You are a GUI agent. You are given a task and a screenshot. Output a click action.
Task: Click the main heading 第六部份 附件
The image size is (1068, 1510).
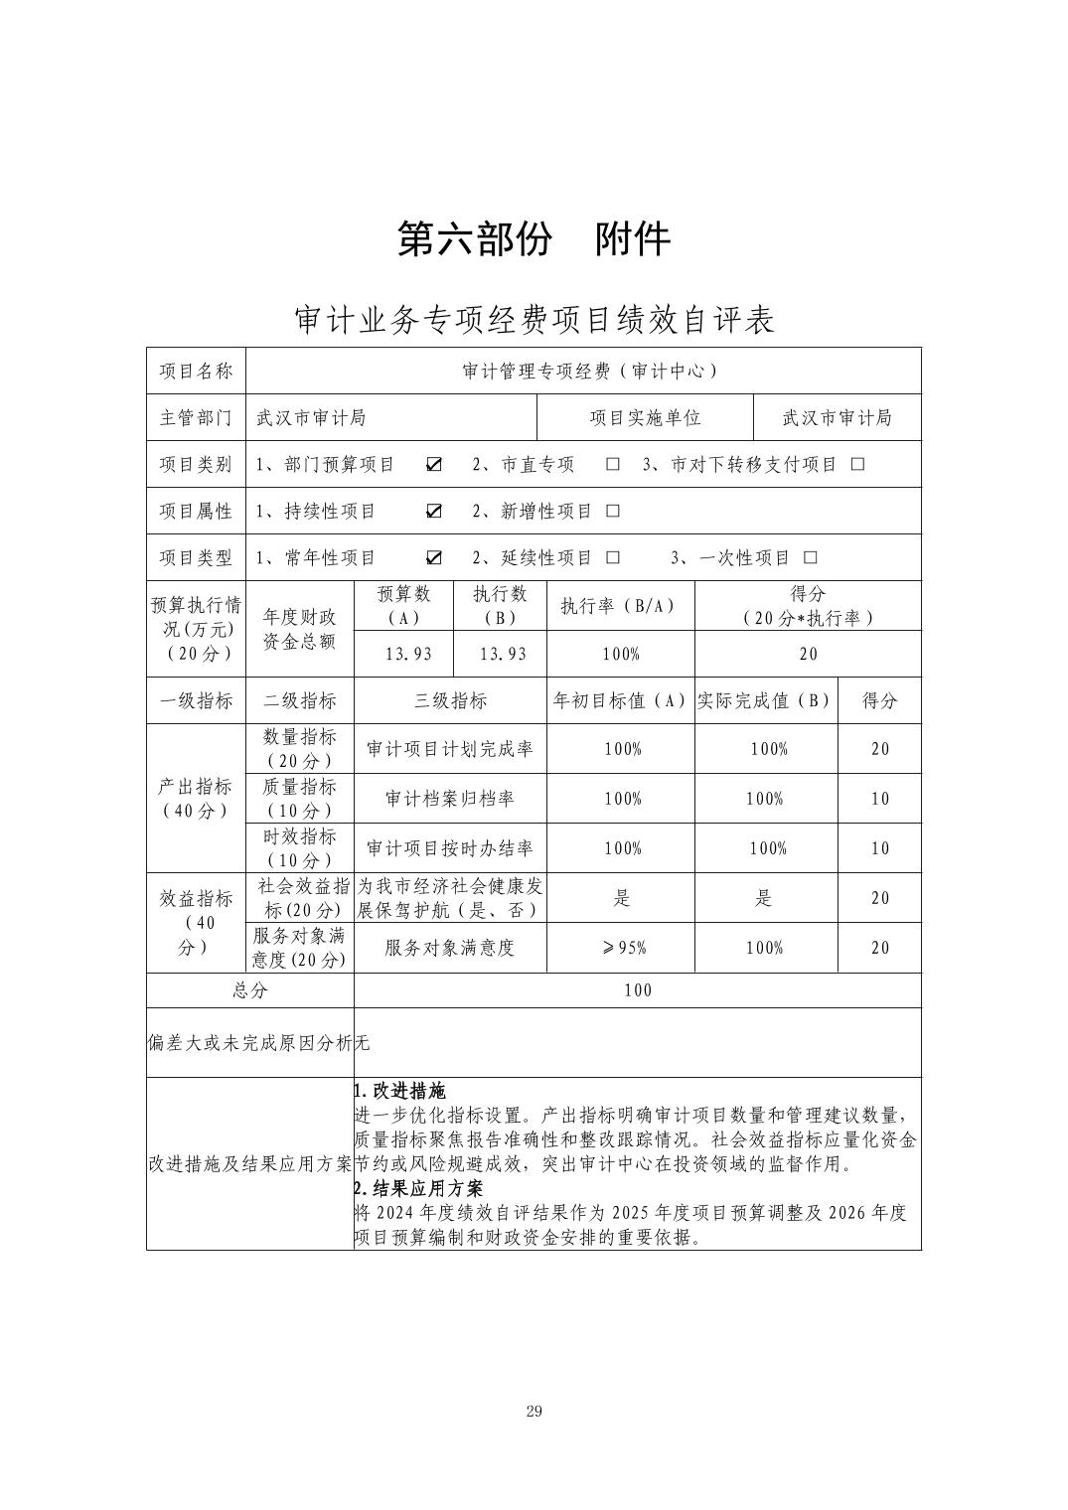pos(534,239)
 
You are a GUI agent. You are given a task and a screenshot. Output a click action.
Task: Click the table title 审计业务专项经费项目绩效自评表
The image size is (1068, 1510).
pos(534,320)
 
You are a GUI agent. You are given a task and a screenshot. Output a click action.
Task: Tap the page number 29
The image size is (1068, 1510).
pos(534,1412)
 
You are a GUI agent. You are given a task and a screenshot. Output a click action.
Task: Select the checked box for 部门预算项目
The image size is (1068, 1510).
pos(434,465)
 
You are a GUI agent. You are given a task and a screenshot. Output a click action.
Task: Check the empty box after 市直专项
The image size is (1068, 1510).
pos(613,465)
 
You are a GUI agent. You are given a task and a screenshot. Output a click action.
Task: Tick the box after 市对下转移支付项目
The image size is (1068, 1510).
pos(858,465)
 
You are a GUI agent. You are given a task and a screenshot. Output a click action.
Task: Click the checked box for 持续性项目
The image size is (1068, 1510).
pos(434,512)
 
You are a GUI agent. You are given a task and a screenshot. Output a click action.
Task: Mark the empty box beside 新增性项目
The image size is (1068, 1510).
pos(613,512)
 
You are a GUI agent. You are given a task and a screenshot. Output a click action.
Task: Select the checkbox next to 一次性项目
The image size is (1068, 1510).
pos(811,558)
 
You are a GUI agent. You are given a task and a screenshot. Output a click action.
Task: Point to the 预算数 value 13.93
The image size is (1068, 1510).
pos(403,654)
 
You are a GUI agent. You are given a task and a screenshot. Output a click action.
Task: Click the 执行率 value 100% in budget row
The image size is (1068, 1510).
pos(621,654)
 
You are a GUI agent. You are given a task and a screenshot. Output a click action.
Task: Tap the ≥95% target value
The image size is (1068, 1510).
pos(622,948)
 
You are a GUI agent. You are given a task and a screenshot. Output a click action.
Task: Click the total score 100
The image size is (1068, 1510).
pos(638,990)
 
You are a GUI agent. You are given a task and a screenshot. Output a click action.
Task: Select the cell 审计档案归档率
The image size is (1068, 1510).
pos(450,799)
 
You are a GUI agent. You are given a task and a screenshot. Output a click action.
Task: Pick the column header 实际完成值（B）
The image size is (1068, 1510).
pos(765,700)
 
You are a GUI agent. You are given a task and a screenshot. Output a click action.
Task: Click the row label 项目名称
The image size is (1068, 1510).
pos(196,371)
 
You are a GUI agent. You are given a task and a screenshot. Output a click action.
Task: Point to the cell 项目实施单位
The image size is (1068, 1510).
pos(645,417)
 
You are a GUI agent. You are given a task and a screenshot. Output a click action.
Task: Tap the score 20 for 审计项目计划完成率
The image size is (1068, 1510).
pos(880,749)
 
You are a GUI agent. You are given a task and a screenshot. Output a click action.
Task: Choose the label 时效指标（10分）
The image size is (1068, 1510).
pos(299,848)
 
